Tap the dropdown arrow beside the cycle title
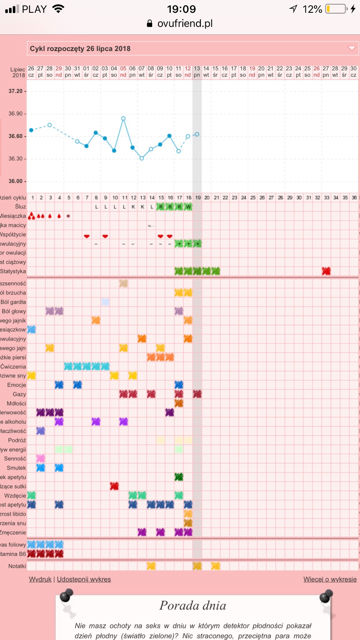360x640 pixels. point(352,48)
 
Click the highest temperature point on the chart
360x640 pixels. point(123,118)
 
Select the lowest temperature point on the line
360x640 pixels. point(142,158)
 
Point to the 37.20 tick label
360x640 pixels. point(16,91)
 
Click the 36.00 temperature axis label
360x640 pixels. point(16,181)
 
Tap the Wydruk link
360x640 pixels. point(40,579)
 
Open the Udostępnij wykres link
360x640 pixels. point(84,579)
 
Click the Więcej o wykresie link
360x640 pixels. point(330,579)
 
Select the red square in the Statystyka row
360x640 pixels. point(326,271)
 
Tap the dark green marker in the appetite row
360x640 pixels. point(179,477)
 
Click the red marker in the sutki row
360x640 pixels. point(114,486)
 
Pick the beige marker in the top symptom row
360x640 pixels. point(123,283)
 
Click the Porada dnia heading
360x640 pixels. point(192,606)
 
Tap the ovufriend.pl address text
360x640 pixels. point(185,23)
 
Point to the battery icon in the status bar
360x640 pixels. point(336,9)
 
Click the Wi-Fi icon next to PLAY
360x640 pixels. point(58,9)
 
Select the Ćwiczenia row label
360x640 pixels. point(13,367)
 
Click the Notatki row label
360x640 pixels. point(17,566)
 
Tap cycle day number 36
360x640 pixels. point(354,197)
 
